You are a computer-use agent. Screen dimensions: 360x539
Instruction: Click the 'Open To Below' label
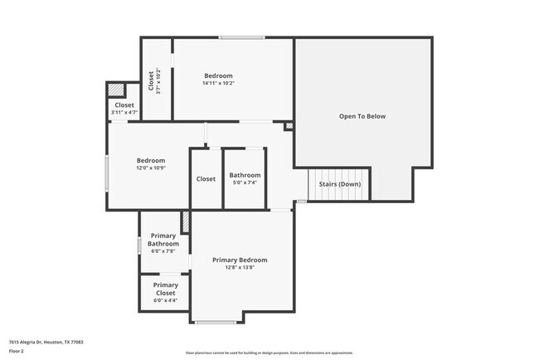pos(362,116)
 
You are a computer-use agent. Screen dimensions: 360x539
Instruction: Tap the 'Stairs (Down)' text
pos(339,184)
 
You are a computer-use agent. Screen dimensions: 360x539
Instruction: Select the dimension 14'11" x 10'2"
pos(219,83)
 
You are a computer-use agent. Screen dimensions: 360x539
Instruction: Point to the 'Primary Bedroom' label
pos(240,260)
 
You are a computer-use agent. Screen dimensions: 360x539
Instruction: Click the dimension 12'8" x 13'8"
pos(240,268)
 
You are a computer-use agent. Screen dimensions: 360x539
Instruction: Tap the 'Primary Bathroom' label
pos(163,240)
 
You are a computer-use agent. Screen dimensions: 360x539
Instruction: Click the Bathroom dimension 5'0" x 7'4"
pos(245,183)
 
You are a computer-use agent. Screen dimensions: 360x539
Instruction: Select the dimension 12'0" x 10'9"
pos(151,168)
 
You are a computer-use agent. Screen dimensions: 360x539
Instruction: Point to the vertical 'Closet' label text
pos(151,80)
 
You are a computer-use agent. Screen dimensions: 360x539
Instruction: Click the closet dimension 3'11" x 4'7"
pos(124,113)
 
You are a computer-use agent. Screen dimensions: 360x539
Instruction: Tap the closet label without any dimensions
pos(206,179)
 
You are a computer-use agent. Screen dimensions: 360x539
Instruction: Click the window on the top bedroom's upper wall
pos(242,37)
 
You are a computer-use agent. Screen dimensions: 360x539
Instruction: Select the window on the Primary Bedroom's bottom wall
pos(216,322)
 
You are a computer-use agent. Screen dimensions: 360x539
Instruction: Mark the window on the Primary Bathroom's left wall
pos(139,246)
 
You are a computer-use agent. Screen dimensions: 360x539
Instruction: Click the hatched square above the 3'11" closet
pos(117,90)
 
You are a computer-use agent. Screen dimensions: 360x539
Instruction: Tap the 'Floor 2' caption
pos(17,351)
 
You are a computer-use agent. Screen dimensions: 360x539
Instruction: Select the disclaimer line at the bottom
pos(269,353)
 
